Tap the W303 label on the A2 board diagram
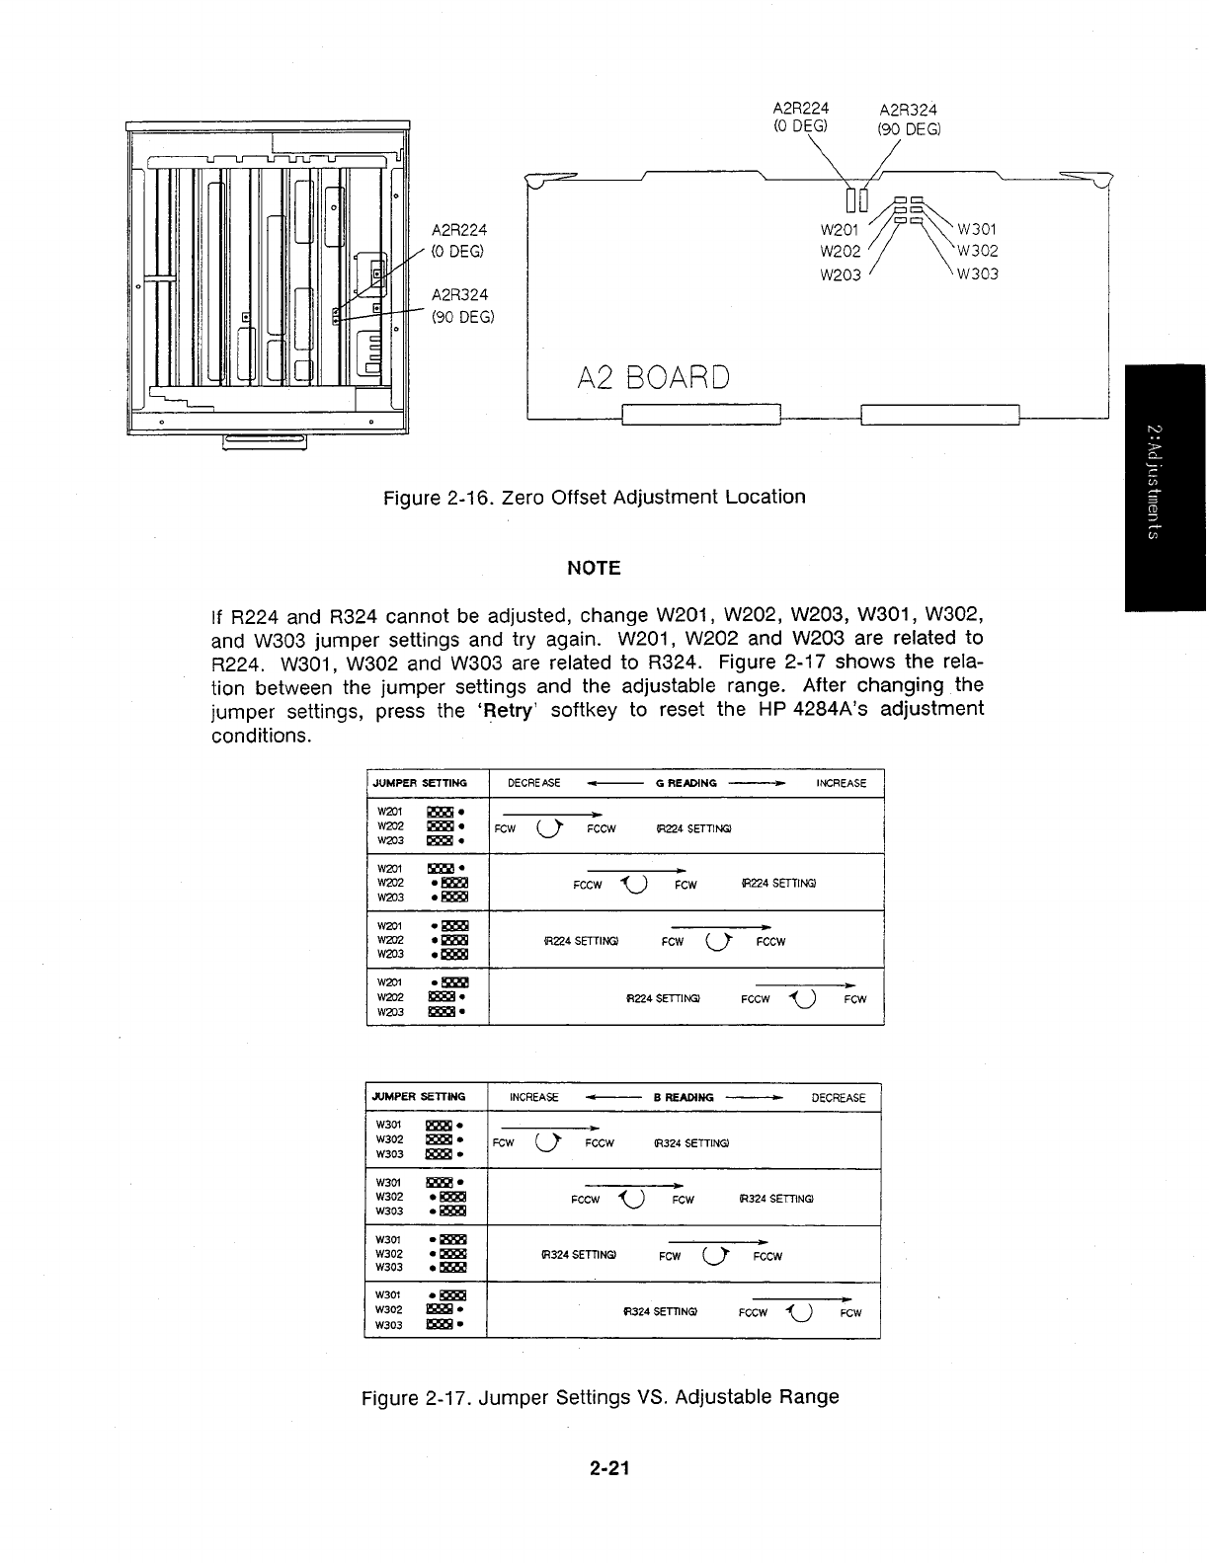977,274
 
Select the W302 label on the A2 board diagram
977,252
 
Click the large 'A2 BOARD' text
654,378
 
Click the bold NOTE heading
594,568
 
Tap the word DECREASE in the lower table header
838,1097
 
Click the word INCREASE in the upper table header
841,783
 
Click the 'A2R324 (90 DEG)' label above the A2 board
908,119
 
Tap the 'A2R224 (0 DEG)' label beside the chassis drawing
459,239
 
